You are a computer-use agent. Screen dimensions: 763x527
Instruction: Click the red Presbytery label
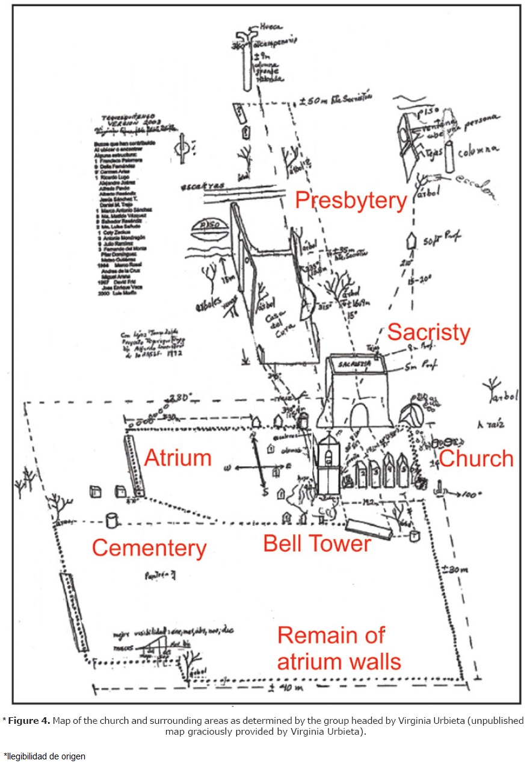click(351, 201)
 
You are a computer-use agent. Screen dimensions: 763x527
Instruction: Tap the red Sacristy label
click(428, 332)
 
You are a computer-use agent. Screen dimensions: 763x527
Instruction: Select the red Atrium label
click(178, 458)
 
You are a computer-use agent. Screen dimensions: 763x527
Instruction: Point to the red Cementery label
click(149, 548)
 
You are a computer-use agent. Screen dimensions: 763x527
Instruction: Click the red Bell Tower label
click(316, 543)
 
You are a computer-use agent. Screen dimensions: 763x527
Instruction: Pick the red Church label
click(476, 458)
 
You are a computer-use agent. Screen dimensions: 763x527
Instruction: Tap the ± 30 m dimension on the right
click(454, 569)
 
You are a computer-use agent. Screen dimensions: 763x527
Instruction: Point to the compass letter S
click(264, 492)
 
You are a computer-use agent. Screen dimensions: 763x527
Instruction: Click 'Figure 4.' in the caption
click(30, 720)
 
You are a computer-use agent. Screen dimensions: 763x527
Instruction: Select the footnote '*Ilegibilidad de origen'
click(45, 756)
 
